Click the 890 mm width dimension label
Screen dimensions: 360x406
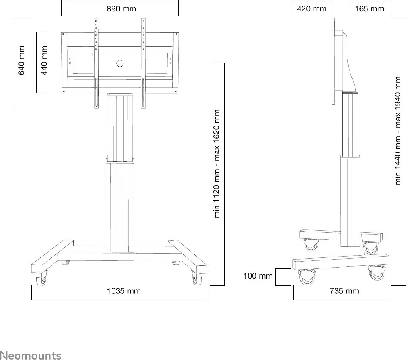point(121,9)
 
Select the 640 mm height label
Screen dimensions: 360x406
point(22,60)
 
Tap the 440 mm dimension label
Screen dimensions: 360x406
point(44,60)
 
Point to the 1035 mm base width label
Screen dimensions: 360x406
point(123,291)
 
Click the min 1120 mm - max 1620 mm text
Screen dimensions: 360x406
point(217,164)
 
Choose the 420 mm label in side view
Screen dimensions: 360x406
point(312,9)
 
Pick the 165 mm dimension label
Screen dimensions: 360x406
point(370,9)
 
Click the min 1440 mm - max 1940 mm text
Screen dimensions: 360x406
point(398,131)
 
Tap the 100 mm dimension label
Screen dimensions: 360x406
point(258,276)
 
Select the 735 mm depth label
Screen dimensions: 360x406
point(344,291)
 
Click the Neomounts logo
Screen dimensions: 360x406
point(31,355)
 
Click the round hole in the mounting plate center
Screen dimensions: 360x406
point(119,64)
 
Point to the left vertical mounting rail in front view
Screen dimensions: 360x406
point(96,64)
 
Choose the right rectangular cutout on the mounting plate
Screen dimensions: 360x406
point(157,63)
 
